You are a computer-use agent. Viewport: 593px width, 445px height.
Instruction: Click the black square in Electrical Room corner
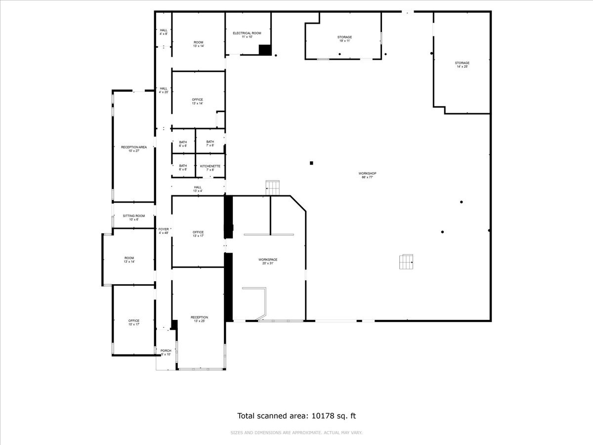(265, 50)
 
